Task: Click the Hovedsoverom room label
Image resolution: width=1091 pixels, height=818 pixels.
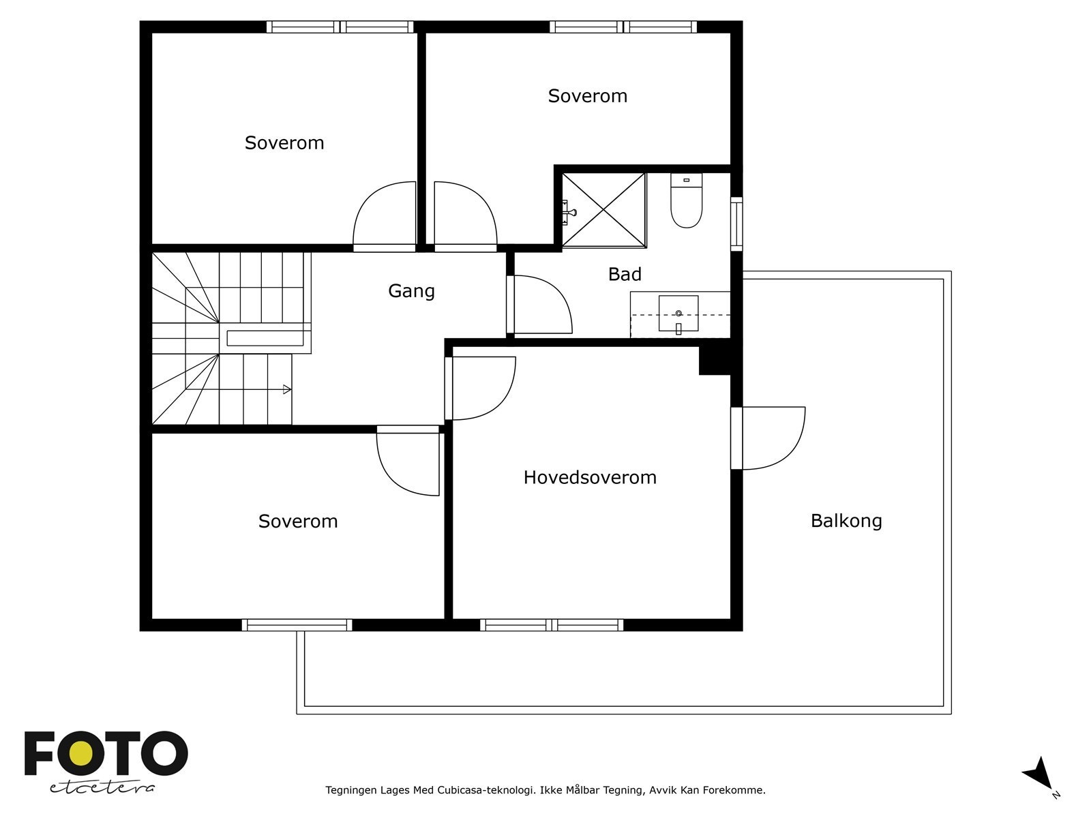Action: (x=590, y=477)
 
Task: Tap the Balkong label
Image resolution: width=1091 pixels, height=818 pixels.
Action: (x=846, y=521)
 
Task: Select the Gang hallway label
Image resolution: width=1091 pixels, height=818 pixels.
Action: (x=411, y=291)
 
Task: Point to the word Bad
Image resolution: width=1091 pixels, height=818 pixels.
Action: (x=625, y=274)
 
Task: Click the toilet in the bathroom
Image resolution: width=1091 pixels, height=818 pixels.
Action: (x=687, y=200)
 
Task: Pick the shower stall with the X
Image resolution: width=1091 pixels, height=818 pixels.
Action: (x=603, y=209)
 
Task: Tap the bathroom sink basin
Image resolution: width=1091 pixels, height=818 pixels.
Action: (x=678, y=314)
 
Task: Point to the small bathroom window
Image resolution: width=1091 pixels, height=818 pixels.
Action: (x=736, y=224)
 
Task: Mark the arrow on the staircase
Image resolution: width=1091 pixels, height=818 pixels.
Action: (x=287, y=389)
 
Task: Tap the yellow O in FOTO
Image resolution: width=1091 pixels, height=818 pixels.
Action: (x=81, y=754)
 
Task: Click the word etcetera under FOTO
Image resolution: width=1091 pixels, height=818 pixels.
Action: (x=102, y=788)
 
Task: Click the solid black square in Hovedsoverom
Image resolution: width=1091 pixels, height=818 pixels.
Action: (x=715, y=361)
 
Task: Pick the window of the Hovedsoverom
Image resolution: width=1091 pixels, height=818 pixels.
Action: (x=552, y=625)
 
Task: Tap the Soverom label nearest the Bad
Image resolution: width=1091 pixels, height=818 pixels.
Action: (x=588, y=96)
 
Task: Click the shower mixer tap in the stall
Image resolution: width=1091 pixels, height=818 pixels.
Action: (x=569, y=213)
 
